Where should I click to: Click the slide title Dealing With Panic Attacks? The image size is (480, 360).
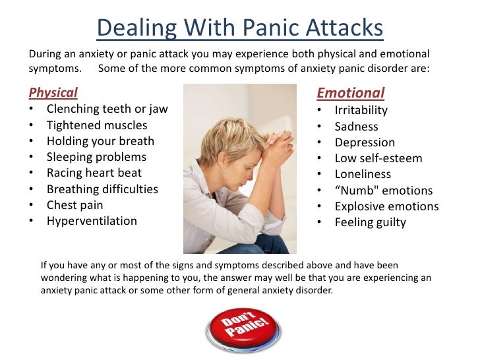240,28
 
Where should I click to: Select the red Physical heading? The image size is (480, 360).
53,92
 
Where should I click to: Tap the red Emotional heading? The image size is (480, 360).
350,93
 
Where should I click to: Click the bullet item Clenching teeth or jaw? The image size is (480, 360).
107,109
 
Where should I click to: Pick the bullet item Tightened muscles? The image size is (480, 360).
97,125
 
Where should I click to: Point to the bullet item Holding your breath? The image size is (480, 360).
100,140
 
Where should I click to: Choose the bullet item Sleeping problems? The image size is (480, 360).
96,157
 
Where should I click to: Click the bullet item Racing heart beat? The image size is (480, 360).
94,173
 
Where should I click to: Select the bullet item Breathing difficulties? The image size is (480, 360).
102,189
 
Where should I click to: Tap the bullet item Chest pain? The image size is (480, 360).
75,205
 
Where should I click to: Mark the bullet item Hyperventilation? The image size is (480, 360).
92,221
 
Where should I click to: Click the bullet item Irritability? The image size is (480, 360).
361,110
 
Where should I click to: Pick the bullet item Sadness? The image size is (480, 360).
356,126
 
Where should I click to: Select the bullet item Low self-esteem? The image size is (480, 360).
378,158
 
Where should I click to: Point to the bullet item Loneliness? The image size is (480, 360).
363,174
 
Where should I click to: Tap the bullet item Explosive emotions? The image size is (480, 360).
386,206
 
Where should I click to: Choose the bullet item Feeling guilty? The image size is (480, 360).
370,222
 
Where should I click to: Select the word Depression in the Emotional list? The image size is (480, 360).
365,142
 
